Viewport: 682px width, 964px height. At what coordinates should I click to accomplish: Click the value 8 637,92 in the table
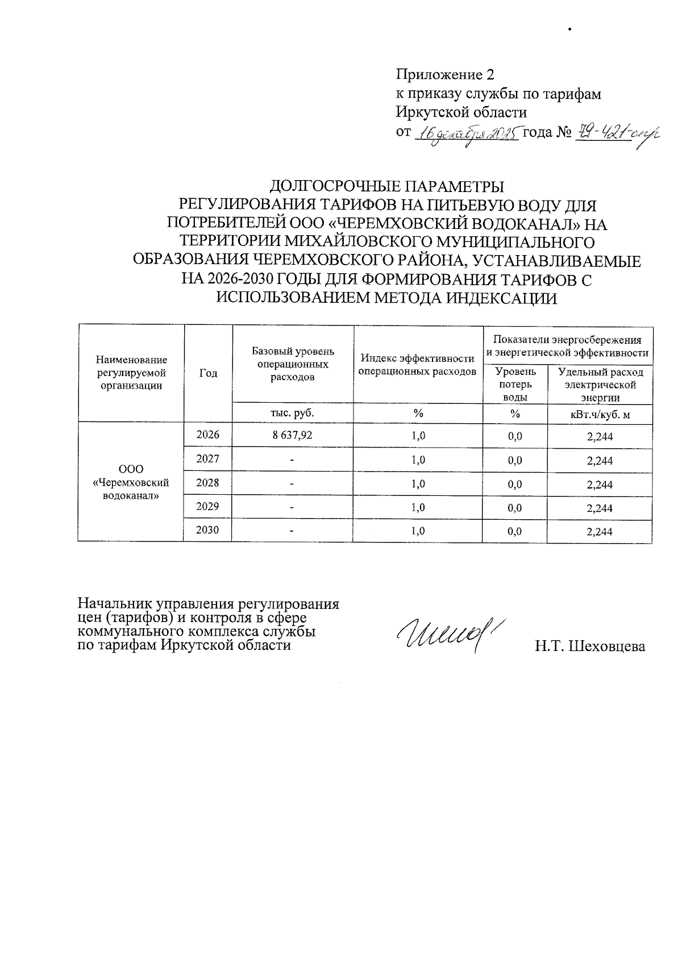(293, 436)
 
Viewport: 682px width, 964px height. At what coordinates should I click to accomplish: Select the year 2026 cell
(207, 435)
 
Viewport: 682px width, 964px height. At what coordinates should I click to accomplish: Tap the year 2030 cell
(207, 531)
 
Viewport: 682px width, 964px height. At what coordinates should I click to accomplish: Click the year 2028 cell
(207, 483)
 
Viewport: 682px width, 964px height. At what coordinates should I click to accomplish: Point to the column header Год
(208, 373)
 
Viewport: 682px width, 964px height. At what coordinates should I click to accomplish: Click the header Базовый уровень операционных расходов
(293, 364)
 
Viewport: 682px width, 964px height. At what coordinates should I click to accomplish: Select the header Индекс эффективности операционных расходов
(418, 365)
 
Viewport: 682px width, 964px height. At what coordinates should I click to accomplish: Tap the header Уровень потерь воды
(515, 385)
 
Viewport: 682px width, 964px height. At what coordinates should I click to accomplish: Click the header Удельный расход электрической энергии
(600, 385)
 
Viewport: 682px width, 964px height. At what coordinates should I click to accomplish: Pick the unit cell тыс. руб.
(293, 413)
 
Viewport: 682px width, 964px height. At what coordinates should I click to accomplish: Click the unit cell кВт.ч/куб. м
(600, 414)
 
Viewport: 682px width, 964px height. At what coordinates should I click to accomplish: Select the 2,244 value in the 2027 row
(600, 461)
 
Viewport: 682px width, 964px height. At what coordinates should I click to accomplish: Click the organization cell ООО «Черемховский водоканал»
(131, 482)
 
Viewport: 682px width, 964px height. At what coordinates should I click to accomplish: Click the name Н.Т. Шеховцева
(589, 646)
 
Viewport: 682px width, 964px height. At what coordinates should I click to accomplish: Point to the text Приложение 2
(445, 75)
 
